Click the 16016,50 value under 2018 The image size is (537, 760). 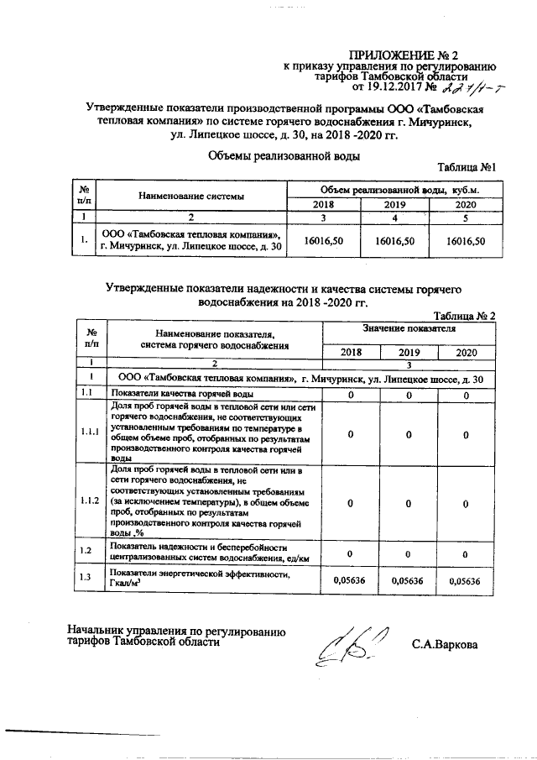coord(325,240)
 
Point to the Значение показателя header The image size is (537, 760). coord(409,330)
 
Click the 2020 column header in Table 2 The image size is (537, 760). coord(463,354)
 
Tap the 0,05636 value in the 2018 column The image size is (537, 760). coord(346,580)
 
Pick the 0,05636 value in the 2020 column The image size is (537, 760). coord(463,580)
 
